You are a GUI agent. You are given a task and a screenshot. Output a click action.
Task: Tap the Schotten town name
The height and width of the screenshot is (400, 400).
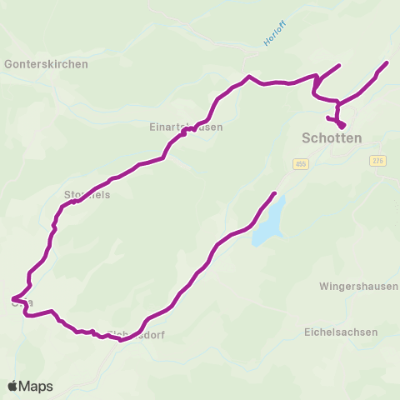pyautogui.click(x=331, y=138)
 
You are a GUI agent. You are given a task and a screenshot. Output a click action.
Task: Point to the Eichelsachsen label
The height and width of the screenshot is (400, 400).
pyautogui.click(x=341, y=332)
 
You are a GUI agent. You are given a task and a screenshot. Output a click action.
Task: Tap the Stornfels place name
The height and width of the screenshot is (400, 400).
pyautogui.click(x=87, y=194)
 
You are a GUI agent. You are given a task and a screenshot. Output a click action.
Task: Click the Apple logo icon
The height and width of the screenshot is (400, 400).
pyautogui.click(x=13, y=386)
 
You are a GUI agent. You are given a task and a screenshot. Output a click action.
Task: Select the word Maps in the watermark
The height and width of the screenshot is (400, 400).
pyautogui.click(x=37, y=386)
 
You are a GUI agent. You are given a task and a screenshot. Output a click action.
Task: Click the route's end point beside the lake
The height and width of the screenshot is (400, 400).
pyautogui.click(x=274, y=193)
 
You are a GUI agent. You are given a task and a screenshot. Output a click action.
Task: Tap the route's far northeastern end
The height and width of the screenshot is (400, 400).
pyautogui.click(x=387, y=62)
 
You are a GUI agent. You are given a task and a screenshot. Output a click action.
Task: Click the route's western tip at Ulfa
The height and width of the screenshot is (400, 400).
pyautogui.click(x=12, y=298)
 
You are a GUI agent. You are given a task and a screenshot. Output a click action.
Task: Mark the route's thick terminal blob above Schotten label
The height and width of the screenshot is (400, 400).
pyautogui.click(x=342, y=124)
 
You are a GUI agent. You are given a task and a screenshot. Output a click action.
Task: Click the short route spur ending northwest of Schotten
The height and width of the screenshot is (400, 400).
pyautogui.click(x=339, y=64)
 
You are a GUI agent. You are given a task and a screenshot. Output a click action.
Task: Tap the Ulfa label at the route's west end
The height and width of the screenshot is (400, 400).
pyautogui.click(x=23, y=302)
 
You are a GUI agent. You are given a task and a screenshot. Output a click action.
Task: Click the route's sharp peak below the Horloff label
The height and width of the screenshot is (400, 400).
pyautogui.click(x=247, y=77)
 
